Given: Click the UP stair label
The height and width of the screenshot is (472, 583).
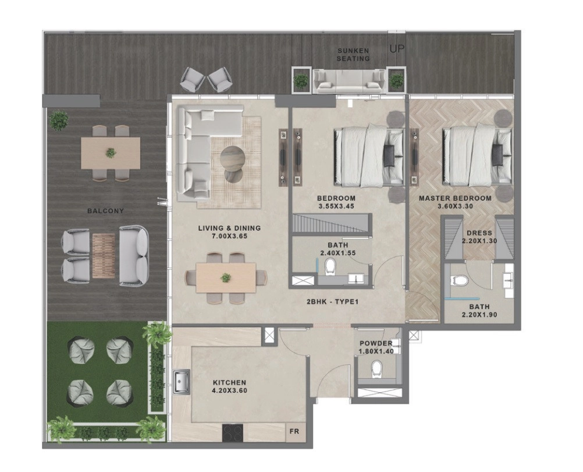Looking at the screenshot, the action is pos(397,49).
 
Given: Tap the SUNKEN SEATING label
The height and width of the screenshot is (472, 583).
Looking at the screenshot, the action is pos(353,54).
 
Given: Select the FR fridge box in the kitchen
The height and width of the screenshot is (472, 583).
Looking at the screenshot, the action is pos(294,431).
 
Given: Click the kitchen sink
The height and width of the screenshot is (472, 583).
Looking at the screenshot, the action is pos(182,382).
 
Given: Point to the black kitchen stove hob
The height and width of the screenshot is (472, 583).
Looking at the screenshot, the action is pos(233,432).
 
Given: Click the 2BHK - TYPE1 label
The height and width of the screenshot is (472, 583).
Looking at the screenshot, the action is pos(332,302).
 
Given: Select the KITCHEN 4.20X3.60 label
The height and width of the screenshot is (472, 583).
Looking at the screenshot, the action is pos(229,386).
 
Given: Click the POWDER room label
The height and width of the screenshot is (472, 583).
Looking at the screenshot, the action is pos(376,344).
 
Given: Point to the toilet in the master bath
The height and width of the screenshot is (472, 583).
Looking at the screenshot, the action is pos(457,280).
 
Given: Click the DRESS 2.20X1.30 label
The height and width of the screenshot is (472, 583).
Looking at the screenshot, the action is pos(479,237).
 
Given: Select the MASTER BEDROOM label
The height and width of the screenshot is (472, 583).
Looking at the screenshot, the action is pos(455,198).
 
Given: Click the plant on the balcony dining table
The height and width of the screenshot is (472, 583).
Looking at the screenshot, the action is pos(111,153).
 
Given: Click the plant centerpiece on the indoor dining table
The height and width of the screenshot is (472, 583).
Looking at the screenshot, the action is pos(225,278).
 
